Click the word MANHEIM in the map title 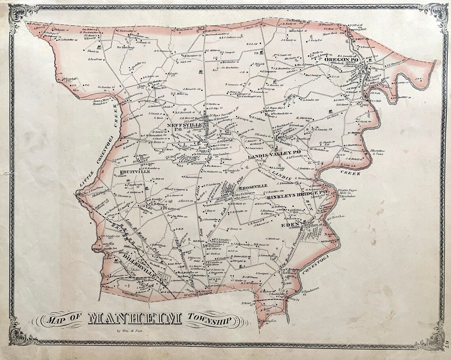[x=135, y=318]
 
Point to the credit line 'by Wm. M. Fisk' [x=129, y=331]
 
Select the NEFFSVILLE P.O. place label [x=185, y=126]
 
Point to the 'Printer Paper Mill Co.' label [x=347, y=192]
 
